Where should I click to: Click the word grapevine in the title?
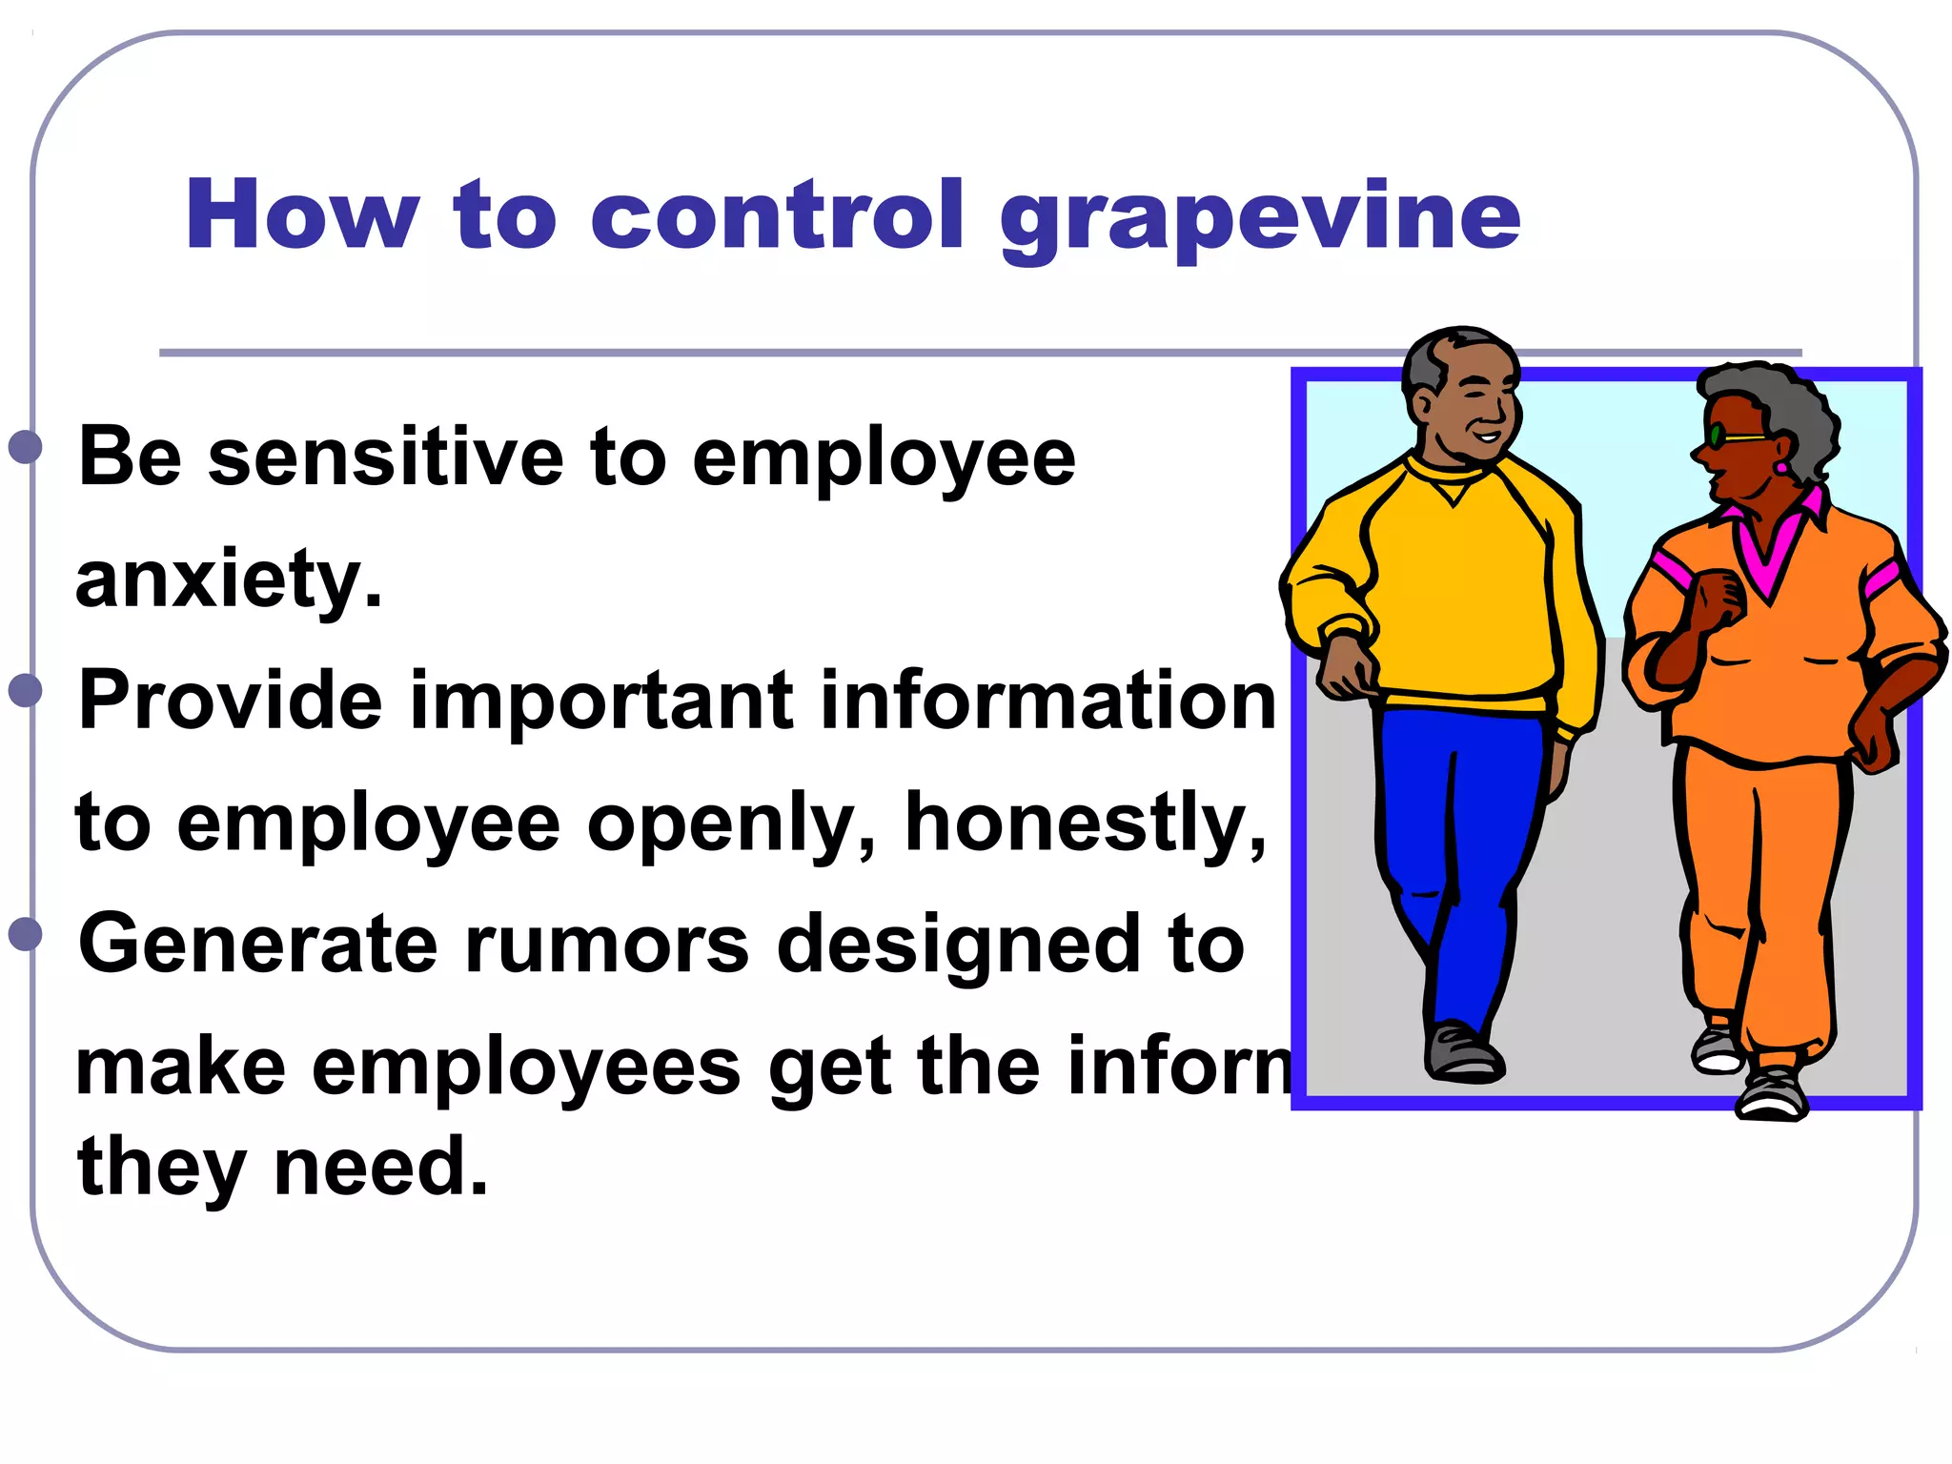click(1260, 217)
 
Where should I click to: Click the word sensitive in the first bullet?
click(385, 457)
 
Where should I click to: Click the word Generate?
click(257, 944)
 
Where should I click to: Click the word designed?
click(958, 944)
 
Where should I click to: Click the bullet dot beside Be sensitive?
click(26, 446)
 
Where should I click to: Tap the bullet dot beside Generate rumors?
click(26, 934)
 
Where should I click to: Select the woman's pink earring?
click(1779, 468)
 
